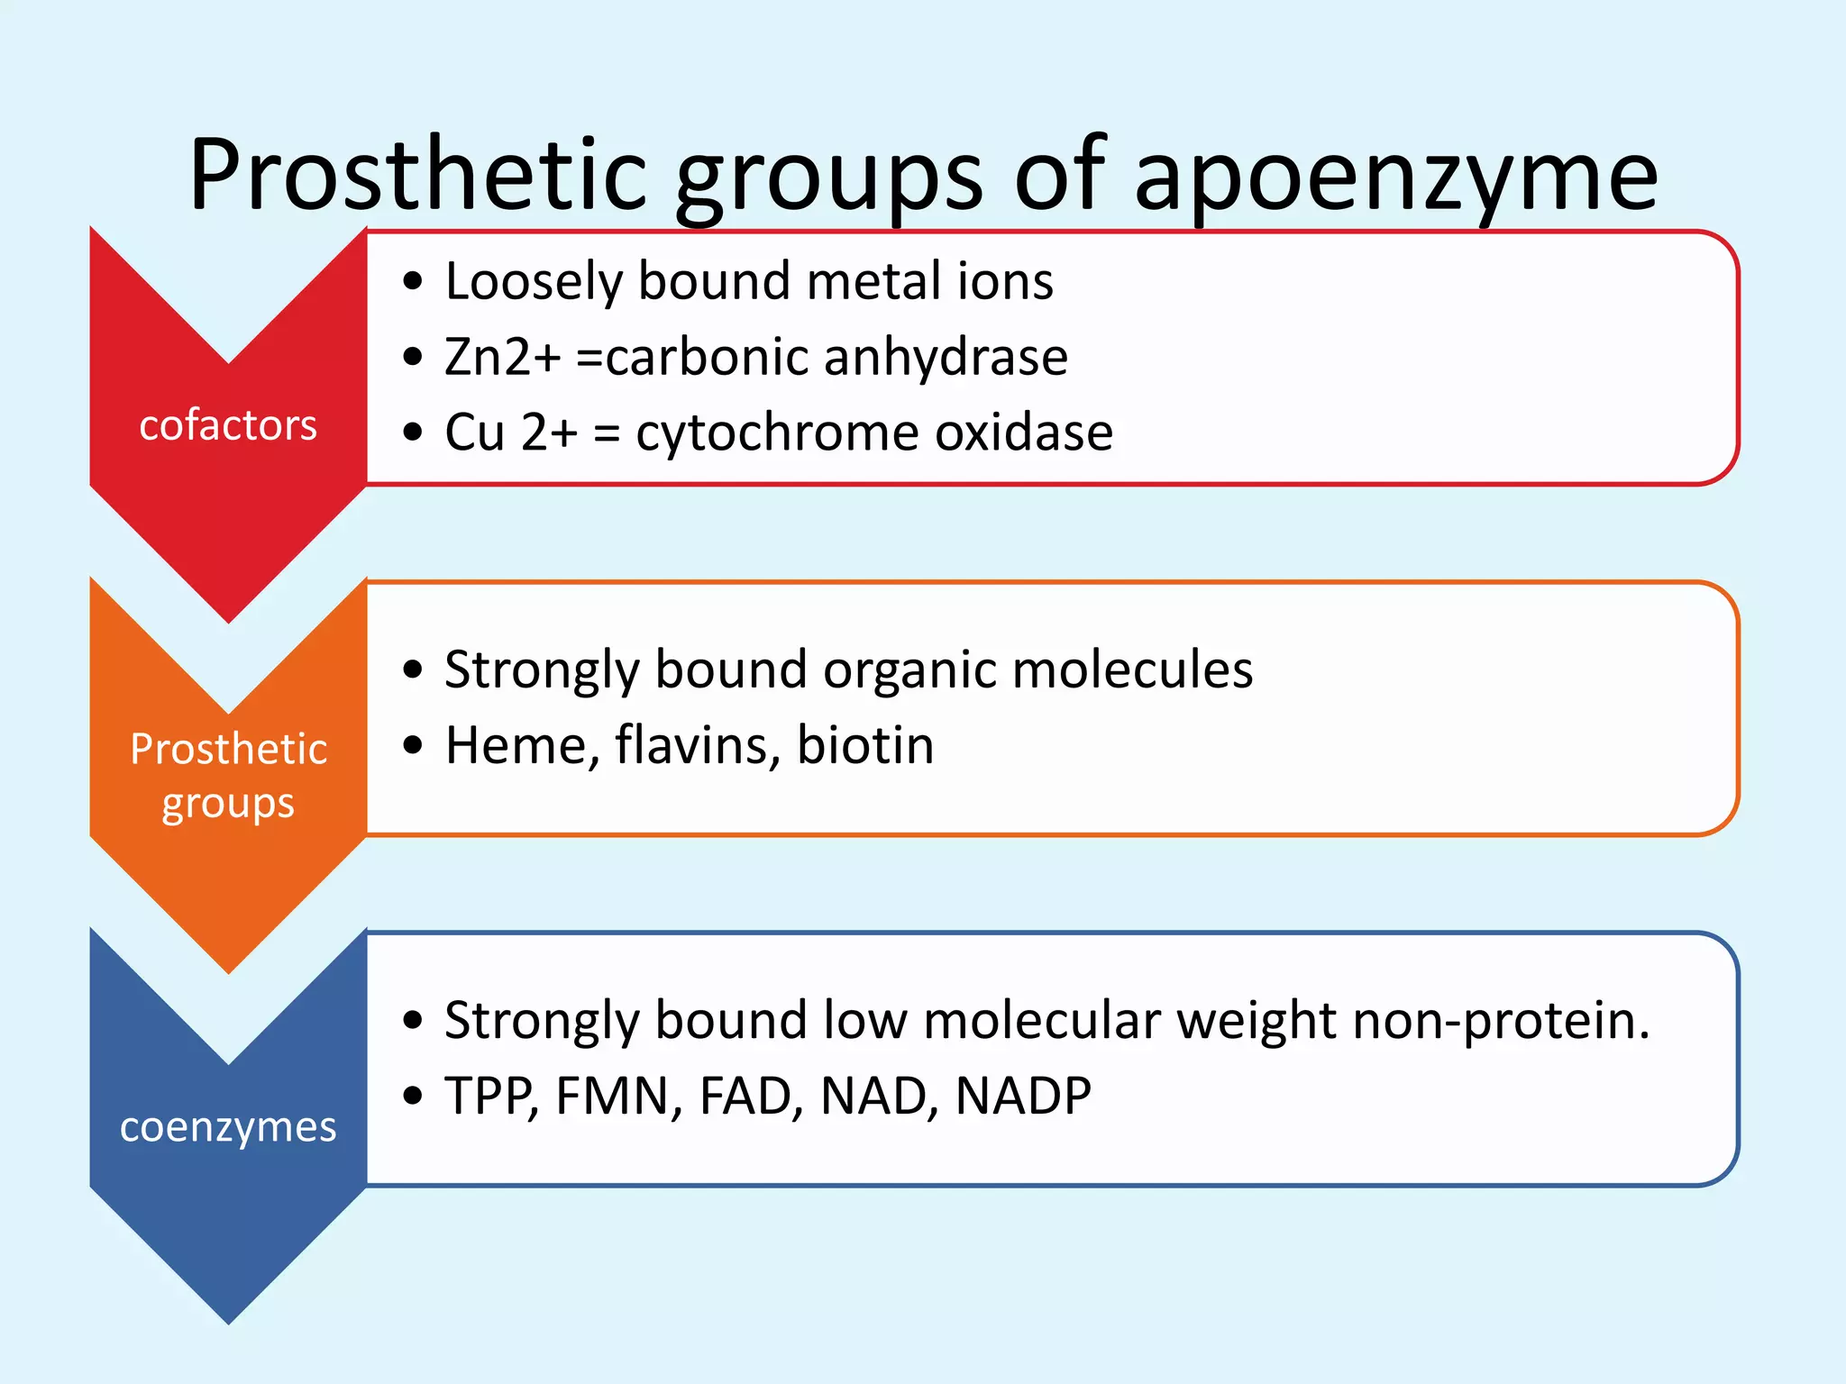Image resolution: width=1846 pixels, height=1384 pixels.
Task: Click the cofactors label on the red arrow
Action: coord(228,425)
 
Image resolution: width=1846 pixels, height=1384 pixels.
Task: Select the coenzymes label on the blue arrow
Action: coord(228,1127)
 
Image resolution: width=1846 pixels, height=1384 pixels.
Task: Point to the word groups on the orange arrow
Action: coord(228,804)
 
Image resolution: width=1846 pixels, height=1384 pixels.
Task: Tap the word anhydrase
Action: coord(946,357)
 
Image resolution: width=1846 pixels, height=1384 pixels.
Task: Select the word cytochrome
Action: coord(778,432)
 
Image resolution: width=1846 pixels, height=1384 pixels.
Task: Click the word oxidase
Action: coord(1024,432)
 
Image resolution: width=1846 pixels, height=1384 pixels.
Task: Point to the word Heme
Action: coord(523,746)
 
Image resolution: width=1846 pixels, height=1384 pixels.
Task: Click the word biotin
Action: coord(865,746)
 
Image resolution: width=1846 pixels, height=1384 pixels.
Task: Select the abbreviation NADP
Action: coord(1023,1097)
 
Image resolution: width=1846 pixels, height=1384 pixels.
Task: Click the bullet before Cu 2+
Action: coord(413,433)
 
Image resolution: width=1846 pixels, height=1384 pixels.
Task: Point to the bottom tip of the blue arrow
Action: coord(229,1321)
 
